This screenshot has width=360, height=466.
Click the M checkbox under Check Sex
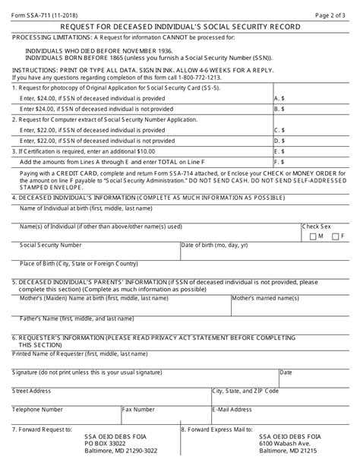coord(314,236)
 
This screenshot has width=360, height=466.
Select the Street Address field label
coord(33,390)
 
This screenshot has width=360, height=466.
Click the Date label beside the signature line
coord(286,372)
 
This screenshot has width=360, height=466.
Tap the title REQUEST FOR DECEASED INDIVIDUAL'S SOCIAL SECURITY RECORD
coord(180,27)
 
